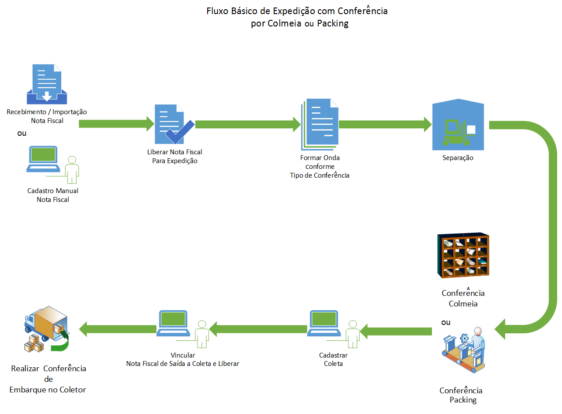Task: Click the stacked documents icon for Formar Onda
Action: [x=320, y=124]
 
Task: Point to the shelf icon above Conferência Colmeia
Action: [x=463, y=255]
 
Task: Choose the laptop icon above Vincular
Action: [x=174, y=324]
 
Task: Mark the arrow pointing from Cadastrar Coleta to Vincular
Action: [x=258, y=328]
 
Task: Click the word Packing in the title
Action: [x=332, y=23]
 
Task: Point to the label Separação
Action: [x=458, y=157]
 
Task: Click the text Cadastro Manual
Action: [x=53, y=191]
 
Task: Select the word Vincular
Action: [x=182, y=355]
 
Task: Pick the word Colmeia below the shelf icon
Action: [x=463, y=303]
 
